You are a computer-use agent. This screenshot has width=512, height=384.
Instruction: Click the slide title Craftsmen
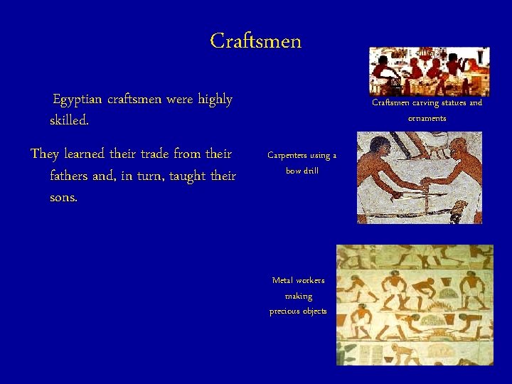(256, 41)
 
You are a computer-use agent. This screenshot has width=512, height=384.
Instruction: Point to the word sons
(63, 197)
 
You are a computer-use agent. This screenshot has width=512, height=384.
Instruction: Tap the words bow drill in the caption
(302, 171)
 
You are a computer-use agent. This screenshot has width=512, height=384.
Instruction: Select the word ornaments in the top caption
(427, 118)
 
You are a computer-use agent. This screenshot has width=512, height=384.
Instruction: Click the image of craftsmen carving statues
(429, 71)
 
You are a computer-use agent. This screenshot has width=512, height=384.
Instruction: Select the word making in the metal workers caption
(298, 296)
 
